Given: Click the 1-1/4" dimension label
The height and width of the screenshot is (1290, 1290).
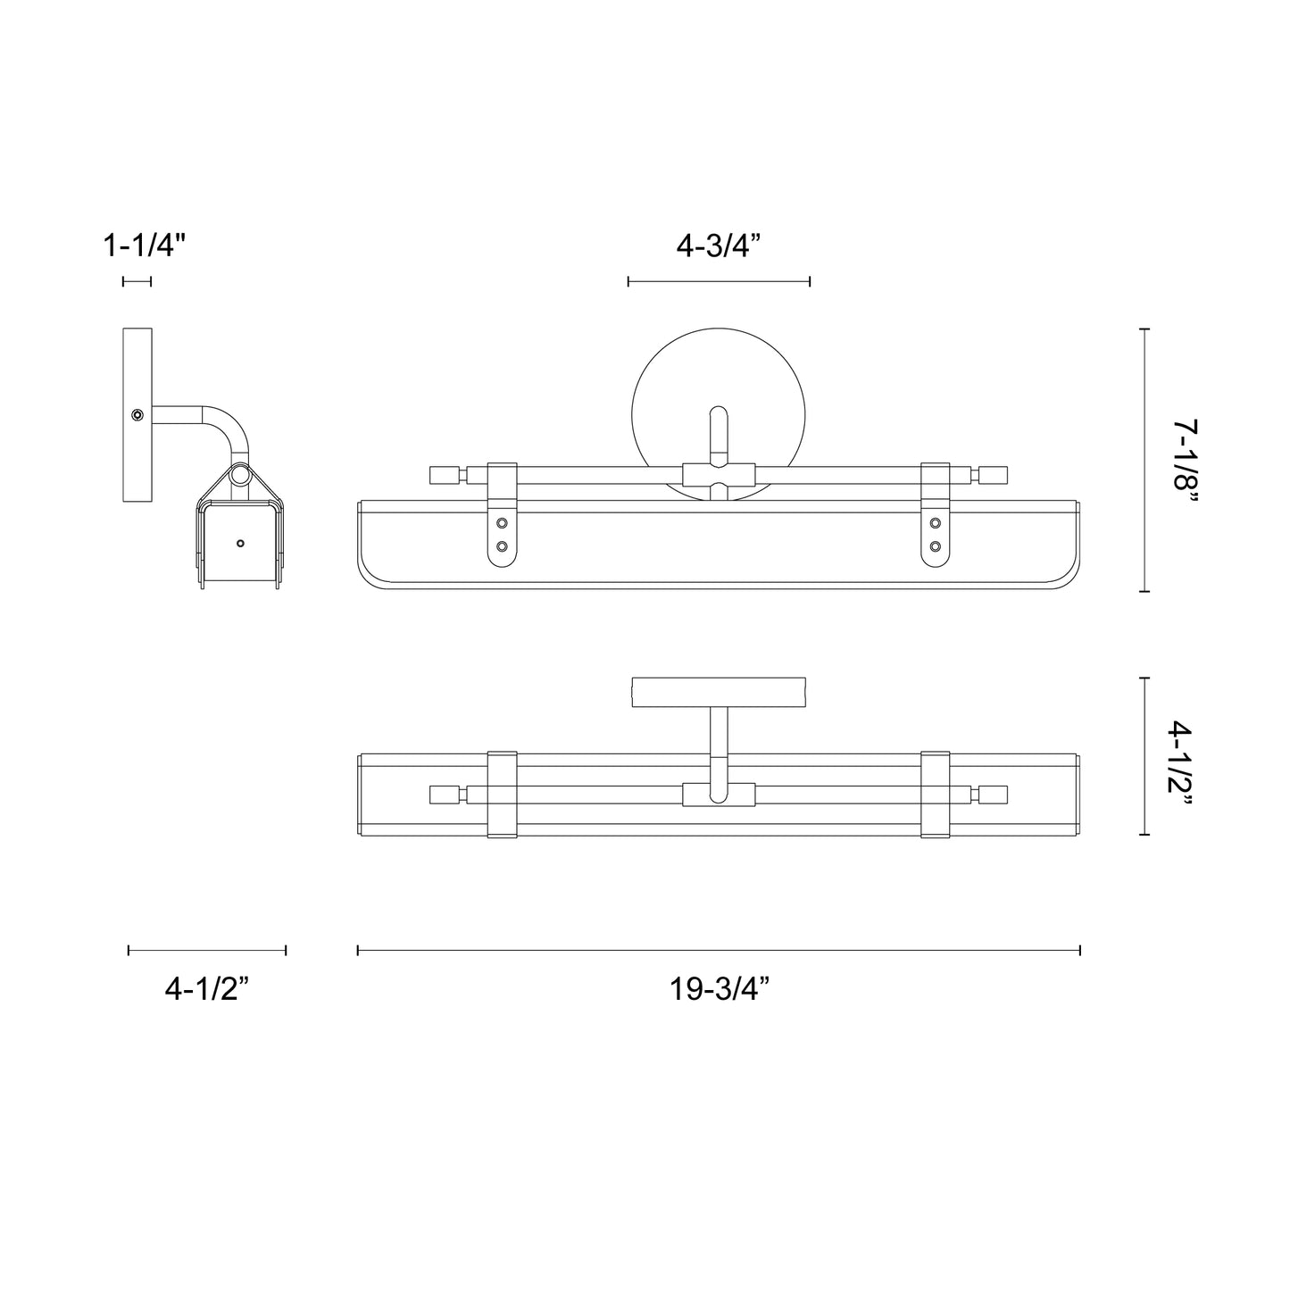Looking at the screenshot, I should click(145, 245).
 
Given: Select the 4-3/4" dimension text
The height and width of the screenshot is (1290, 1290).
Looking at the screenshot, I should click(718, 245).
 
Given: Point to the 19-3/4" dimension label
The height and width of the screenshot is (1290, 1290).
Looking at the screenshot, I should click(719, 988).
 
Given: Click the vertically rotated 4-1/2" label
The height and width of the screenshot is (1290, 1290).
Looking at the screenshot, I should click(1185, 756).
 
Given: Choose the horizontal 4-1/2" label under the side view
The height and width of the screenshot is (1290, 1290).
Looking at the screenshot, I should click(206, 988).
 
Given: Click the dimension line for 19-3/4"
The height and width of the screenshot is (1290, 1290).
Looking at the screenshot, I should click(719, 950).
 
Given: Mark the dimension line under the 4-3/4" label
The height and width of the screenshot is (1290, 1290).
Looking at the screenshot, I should click(719, 281).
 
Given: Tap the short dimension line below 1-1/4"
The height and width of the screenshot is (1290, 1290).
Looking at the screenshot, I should click(137, 281).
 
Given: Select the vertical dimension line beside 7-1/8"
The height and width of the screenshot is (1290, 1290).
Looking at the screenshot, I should click(1144, 461).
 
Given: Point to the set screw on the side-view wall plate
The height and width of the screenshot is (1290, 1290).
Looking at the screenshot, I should click(137, 415).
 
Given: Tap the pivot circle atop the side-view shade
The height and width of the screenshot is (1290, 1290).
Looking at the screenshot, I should click(239, 475).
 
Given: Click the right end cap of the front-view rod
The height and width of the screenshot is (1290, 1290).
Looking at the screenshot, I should click(994, 474).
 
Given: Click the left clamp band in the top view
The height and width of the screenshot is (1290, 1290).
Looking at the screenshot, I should click(502, 795).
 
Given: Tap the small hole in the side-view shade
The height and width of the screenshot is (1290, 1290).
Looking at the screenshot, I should click(239, 543).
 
